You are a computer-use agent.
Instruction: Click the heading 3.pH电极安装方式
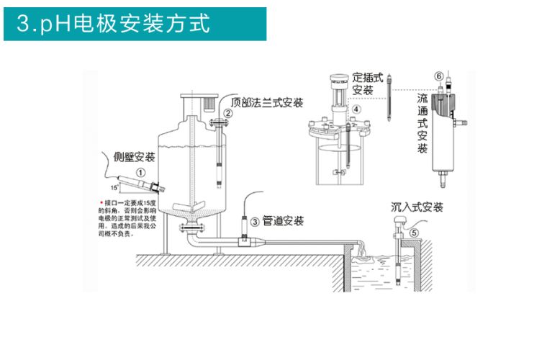(115, 24)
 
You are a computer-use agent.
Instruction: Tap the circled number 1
(140, 173)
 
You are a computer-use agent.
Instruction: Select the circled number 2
(227, 112)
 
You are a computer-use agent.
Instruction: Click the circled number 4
(356, 109)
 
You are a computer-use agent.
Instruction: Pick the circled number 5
(413, 233)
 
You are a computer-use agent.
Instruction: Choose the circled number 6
(438, 76)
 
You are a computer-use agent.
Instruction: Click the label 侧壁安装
(135, 158)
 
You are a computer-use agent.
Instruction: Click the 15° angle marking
(113, 187)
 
